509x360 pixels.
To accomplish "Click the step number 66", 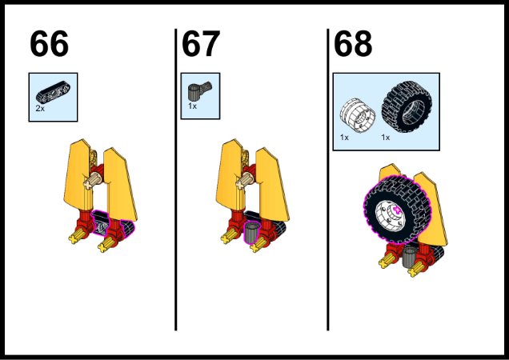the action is click(x=49, y=43).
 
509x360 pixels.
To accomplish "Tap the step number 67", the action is click(x=201, y=43).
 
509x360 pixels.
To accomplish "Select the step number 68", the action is click(x=353, y=43).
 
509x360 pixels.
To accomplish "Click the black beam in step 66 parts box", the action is click(x=53, y=91).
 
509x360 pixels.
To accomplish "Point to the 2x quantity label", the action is click(x=40, y=109).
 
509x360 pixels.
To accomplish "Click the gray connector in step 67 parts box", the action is click(x=199, y=91).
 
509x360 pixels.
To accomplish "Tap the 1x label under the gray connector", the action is click(x=193, y=106).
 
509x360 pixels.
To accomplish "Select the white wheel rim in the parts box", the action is click(x=358, y=115).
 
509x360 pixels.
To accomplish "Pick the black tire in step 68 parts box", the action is click(x=407, y=106).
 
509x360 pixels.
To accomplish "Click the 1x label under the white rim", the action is click(x=344, y=138).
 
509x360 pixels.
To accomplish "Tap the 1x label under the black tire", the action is click(x=385, y=138).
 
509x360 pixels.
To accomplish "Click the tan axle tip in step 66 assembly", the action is click(x=88, y=184).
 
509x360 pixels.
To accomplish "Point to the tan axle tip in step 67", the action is click(x=241, y=184).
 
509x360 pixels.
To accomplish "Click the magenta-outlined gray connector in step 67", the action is click(x=251, y=233).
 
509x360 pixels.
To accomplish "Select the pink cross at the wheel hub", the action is click(x=396, y=210).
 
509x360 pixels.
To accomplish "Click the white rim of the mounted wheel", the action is click(x=388, y=216).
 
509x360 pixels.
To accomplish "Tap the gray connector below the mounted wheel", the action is click(x=409, y=258).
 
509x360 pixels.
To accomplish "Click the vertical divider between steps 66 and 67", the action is click(x=175, y=179).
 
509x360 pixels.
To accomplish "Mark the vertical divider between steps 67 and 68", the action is click(x=328, y=179).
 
